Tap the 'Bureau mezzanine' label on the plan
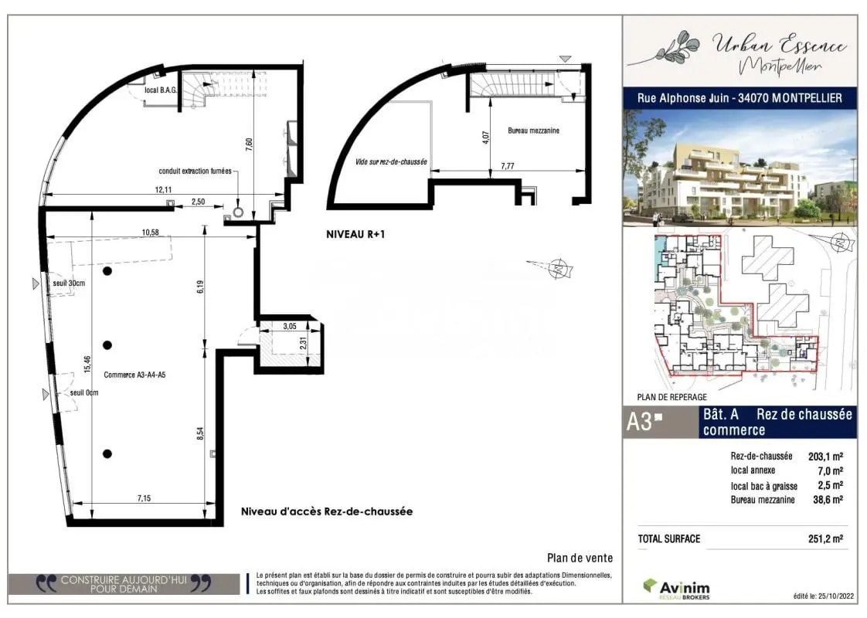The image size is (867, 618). click(533, 131)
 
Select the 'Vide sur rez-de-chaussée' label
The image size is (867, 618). click(392, 162)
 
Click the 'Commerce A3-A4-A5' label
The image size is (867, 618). click(134, 375)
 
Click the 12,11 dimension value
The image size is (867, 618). click(163, 189)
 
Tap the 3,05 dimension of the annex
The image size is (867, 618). click(290, 327)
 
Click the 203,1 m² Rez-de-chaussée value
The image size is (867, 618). click(825, 455)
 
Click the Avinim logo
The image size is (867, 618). click(676, 588)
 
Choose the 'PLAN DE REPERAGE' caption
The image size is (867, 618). click(672, 397)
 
